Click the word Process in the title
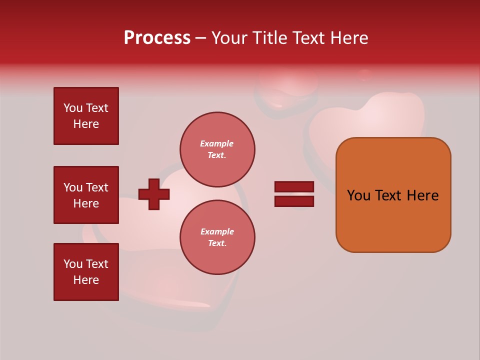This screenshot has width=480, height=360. click(x=157, y=38)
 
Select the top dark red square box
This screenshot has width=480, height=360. click(x=86, y=116)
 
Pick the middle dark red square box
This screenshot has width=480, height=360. click(x=86, y=195)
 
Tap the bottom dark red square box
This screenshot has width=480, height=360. click(x=86, y=272)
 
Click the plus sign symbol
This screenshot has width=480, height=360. click(x=154, y=194)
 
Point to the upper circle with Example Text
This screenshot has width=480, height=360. click(x=217, y=149)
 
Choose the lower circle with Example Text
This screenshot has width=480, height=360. click(x=217, y=237)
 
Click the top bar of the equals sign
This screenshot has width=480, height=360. click(x=294, y=186)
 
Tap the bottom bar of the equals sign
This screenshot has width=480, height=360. click(x=294, y=201)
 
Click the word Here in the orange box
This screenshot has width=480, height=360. click(x=422, y=195)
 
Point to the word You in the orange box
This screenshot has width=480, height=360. click(x=358, y=195)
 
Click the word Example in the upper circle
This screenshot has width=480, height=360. click(x=216, y=143)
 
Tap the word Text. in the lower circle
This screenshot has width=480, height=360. click(x=217, y=243)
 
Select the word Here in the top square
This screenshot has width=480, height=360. click(x=86, y=124)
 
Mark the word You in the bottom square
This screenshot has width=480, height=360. click(x=73, y=264)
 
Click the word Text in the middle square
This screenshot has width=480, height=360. click(x=97, y=187)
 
